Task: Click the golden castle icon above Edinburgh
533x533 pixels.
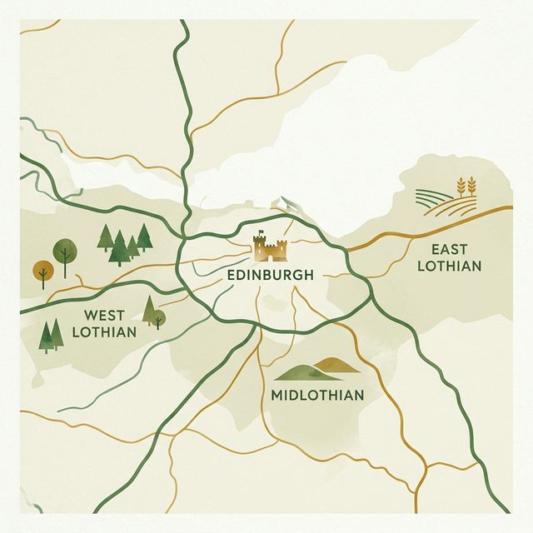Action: pyautogui.click(x=270, y=247)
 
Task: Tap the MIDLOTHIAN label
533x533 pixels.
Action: pyautogui.click(x=317, y=395)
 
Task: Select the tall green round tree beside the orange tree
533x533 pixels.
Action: pyautogui.click(x=63, y=249)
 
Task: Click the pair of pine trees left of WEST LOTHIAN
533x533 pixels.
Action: pyautogui.click(x=50, y=335)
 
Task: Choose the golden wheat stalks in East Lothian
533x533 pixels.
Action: pyautogui.click(x=465, y=187)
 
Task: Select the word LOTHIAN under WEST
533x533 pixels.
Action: pyautogui.click(x=104, y=332)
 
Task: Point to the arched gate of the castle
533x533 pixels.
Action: pyautogui.click(x=270, y=255)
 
